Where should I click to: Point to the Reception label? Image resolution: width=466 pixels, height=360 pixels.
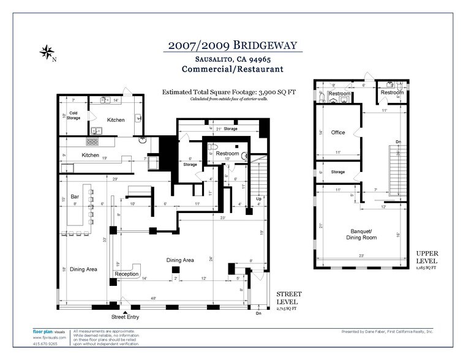(x=127, y=274)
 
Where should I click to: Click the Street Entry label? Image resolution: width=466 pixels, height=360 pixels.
(x=125, y=317)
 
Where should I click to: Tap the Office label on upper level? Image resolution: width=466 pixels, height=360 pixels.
(x=338, y=132)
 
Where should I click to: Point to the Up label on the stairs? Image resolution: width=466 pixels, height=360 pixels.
(x=258, y=200)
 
